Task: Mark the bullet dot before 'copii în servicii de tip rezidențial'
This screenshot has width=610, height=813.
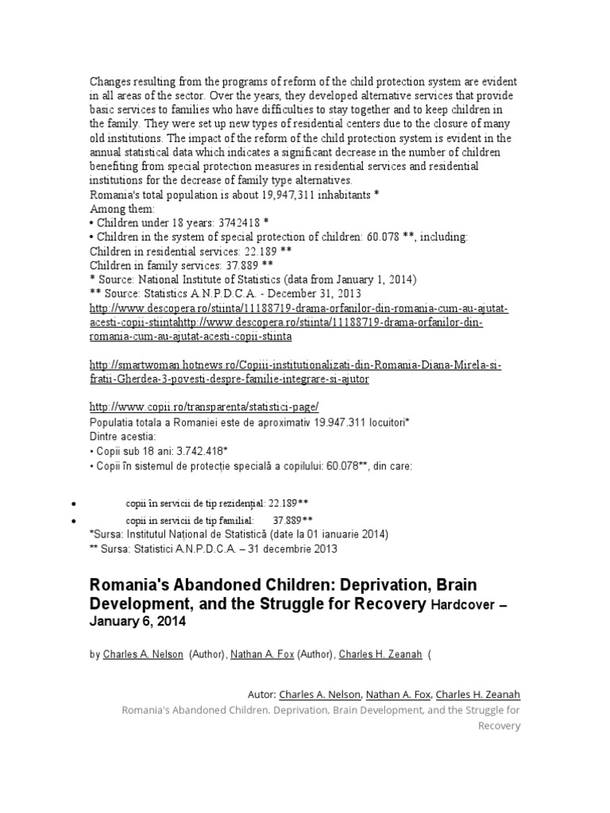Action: click(73, 504)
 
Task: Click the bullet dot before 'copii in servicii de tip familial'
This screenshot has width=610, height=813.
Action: click(73, 520)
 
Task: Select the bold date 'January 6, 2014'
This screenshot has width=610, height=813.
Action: click(137, 623)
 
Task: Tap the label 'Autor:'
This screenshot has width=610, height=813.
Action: click(262, 694)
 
